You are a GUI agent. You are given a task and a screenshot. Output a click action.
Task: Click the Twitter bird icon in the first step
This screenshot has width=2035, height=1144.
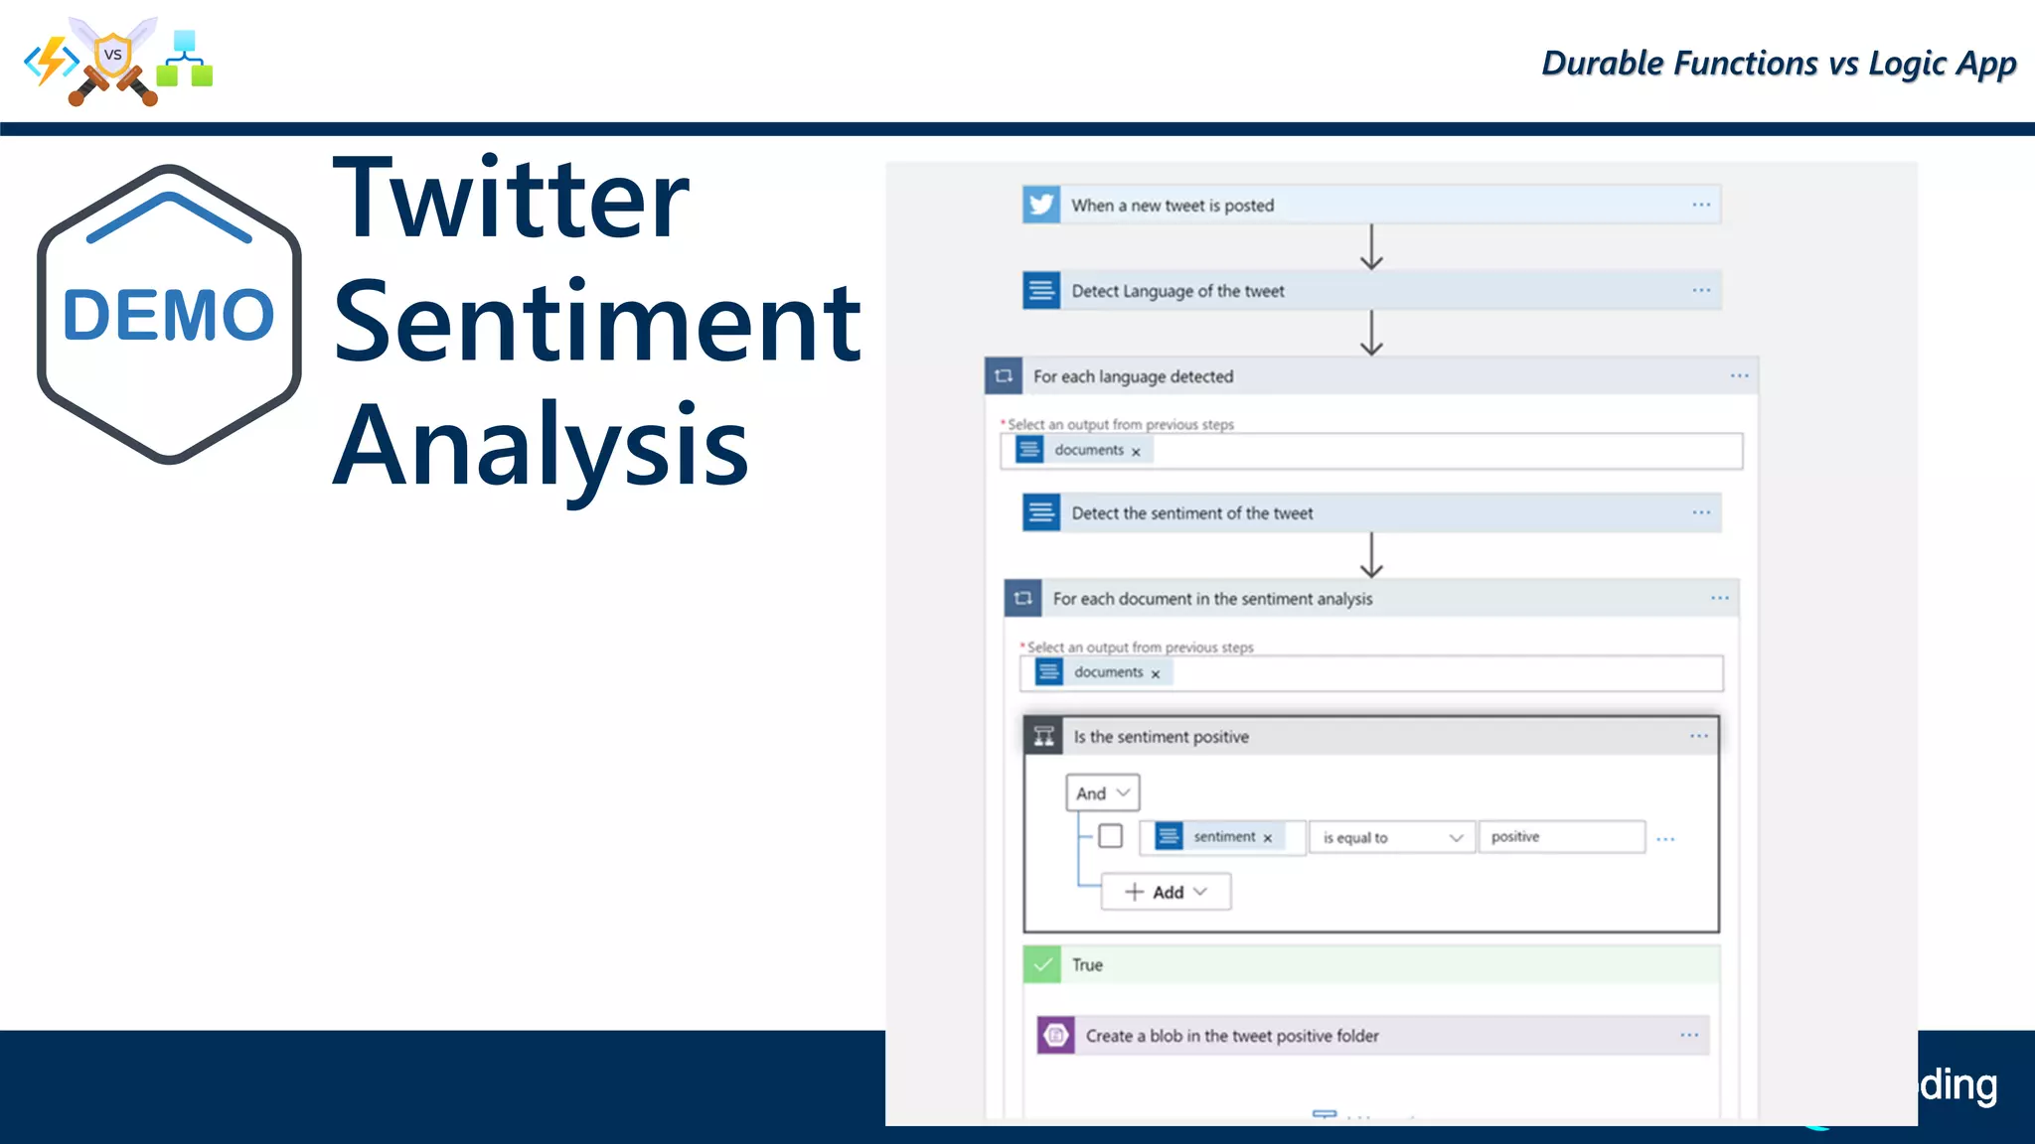(x=1041, y=205)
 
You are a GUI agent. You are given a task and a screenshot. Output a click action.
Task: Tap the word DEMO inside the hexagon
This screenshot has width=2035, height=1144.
(x=168, y=316)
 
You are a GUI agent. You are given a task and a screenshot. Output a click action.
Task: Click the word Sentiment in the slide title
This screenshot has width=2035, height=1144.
(x=596, y=322)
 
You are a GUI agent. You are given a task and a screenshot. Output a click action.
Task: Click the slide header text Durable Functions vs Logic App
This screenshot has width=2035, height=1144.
(x=1778, y=64)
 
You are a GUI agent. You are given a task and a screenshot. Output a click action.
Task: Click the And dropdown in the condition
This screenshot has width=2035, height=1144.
(x=1102, y=793)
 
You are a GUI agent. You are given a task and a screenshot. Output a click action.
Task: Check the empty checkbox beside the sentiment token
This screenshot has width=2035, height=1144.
(x=1110, y=836)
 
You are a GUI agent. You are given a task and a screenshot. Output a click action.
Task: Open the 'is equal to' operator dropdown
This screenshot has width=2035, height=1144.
(x=1391, y=838)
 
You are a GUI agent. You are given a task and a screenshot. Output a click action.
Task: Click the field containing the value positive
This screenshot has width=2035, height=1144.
(x=1560, y=837)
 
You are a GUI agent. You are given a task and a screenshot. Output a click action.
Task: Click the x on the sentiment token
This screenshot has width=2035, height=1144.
(x=1268, y=838)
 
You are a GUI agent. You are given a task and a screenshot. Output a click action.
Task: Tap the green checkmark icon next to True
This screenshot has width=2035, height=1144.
(x=1042, y=965)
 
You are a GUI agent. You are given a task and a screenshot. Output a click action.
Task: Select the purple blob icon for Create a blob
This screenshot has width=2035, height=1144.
(x=1055, y=1036)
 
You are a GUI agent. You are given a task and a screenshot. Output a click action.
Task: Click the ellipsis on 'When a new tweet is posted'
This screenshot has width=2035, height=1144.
(x=1701, y=205)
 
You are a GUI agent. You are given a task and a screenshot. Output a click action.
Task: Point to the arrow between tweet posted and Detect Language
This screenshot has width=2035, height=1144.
(x=1371, y=247)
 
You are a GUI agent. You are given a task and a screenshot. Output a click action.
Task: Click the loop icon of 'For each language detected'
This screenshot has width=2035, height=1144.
(x=1004, y=376)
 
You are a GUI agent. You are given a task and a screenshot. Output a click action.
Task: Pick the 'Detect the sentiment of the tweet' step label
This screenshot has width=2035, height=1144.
(x=1191, y=513)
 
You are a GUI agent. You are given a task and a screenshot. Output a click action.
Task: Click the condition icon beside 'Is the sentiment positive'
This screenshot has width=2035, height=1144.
(x=1043, y=737)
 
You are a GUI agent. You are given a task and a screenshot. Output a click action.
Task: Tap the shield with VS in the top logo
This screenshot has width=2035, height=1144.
(x=113, y=56)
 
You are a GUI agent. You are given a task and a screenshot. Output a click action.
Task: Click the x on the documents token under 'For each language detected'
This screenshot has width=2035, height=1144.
(x=1136, y=452)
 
